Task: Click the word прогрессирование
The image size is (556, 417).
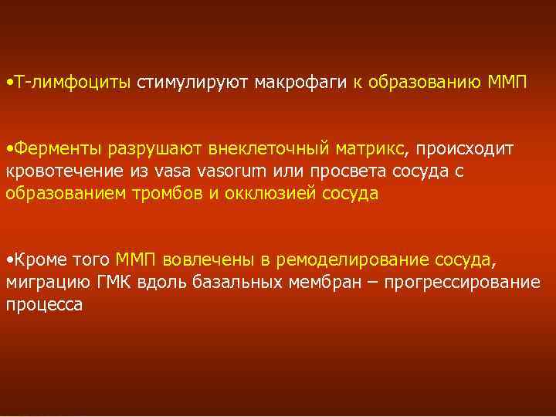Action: click(x=459, y=282)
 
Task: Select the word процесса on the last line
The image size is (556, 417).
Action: click(x=44, y=305)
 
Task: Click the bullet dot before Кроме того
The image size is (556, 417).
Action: click(x=8, y=259)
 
